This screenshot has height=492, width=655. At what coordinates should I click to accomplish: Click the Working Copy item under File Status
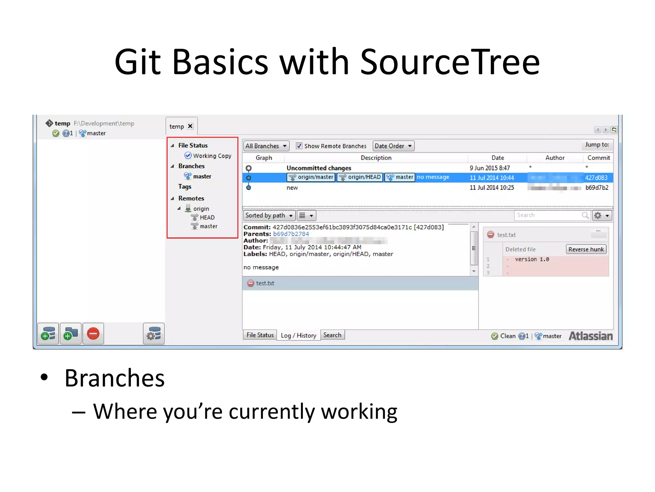(212, 156)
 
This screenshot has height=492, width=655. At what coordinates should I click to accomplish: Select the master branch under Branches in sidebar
(202, 176)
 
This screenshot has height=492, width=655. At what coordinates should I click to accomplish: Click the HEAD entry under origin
(207, 217)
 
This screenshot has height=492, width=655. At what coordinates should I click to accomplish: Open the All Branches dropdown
(266, 146)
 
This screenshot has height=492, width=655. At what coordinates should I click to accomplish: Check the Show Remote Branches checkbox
(299, 146)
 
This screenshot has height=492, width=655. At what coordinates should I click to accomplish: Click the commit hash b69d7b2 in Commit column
(596, 188)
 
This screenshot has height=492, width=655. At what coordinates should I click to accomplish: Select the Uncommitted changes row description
(319, 168)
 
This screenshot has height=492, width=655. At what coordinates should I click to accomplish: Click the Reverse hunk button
(586, 249)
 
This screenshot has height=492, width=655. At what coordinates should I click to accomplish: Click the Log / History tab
(298, 335)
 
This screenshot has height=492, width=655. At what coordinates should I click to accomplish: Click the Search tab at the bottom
(332, 335)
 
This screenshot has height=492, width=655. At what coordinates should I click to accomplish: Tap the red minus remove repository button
(93, 334)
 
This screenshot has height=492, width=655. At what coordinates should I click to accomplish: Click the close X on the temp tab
(190, 126)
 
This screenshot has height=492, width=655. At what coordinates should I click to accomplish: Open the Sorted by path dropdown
(269, 216)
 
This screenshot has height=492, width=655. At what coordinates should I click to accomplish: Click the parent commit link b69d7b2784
(291, 234)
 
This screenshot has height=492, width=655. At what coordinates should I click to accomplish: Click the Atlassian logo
(590, 336)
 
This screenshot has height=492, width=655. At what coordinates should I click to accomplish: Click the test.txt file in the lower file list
(265, 283)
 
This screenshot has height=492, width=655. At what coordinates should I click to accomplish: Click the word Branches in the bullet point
(114, 378)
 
